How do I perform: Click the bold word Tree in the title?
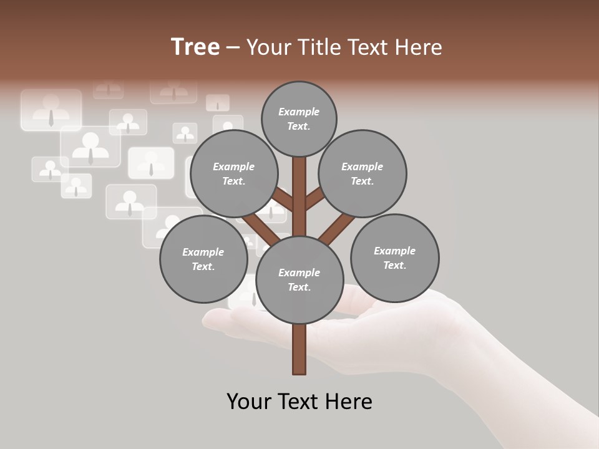coord(195,47)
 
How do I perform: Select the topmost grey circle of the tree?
coord(299,118)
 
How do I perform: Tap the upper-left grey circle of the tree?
coord(234,173)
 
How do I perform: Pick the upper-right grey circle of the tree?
coord(363,173)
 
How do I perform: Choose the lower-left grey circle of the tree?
coord(203,259)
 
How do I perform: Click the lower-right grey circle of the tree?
coord(394,258)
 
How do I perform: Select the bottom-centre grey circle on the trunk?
coord(299,279)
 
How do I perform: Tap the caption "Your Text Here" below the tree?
coord(299,402)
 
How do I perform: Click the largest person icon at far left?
coord(51,110)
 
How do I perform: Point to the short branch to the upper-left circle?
coord(283,200)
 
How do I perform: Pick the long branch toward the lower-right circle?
coord(337,228)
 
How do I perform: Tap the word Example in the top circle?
coord(299,112)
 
